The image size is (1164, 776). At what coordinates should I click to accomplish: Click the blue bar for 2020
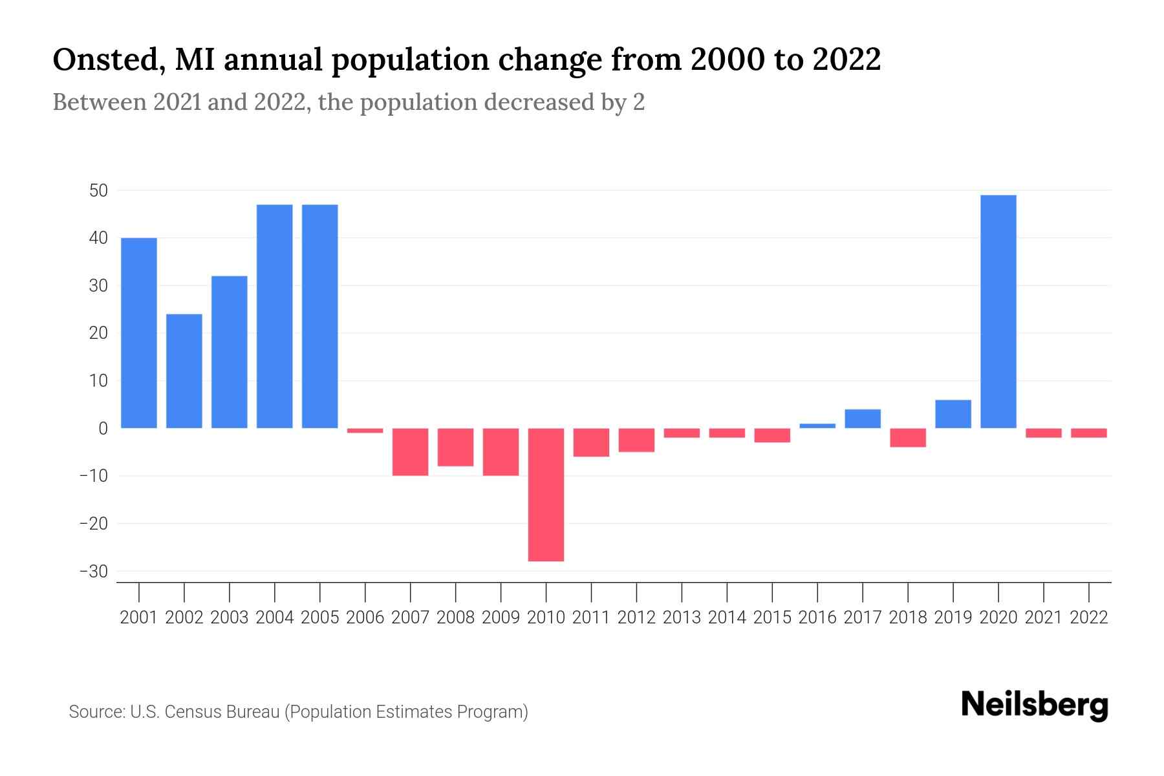998,312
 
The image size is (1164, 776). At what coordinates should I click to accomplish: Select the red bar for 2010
546,495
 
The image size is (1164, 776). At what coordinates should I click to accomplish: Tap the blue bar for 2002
184,371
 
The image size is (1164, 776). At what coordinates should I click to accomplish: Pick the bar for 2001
139,333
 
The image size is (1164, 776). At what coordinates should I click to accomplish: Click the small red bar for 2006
365,431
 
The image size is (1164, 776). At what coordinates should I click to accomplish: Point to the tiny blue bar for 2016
817,426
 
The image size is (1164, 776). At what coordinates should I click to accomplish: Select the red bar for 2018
908,438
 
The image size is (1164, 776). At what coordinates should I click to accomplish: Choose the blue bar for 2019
953,414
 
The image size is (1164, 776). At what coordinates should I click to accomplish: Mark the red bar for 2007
410,452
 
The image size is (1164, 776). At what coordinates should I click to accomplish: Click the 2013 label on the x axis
682,618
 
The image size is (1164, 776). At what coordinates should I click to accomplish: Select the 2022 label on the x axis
1089,618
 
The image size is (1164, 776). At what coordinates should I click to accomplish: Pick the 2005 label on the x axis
320,618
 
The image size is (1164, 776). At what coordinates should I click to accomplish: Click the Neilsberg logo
1035,705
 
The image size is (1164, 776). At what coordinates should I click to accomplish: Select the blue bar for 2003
230,352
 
